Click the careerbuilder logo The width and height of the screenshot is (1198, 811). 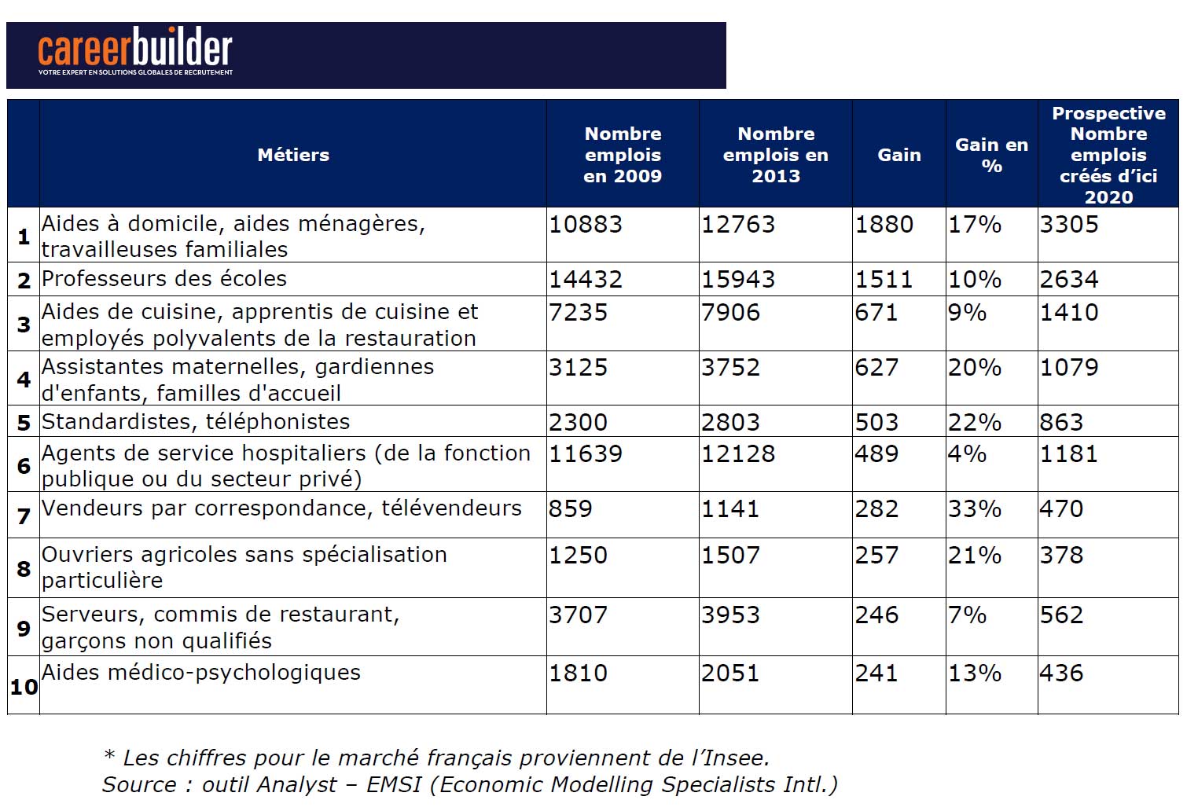[x=135, y=52]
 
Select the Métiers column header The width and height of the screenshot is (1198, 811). [x=293, y=155]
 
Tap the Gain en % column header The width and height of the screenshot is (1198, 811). [x=991, y=155]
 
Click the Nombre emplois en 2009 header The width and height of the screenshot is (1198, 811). [x=623, y=155]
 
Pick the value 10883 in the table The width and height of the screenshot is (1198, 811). [x=586, y=225]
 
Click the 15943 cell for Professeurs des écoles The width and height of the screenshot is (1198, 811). [x=738, y=280]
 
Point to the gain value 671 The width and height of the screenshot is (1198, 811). [x=876, y=313]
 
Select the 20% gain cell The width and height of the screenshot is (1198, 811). [x=975, y=368]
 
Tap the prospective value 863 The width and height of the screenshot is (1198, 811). [x=1061, y=422]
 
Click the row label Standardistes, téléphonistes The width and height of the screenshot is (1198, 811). [x=196, y=422]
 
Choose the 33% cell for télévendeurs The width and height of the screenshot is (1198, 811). [x=975, y=509]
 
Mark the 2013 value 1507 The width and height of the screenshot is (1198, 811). [x=730, y=556]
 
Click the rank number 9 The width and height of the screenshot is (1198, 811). [x=24, y=629]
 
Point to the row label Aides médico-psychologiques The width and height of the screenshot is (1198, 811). [x=201, y=673]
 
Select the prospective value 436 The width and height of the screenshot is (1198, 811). [x=1061, y=673]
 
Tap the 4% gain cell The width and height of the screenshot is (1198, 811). [x=967, y=454]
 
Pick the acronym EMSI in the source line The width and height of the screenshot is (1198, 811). [x=394, y=785]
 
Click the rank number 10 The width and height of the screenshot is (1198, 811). [x=24, y=688]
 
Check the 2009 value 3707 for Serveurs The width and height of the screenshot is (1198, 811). [x=578, y=615]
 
